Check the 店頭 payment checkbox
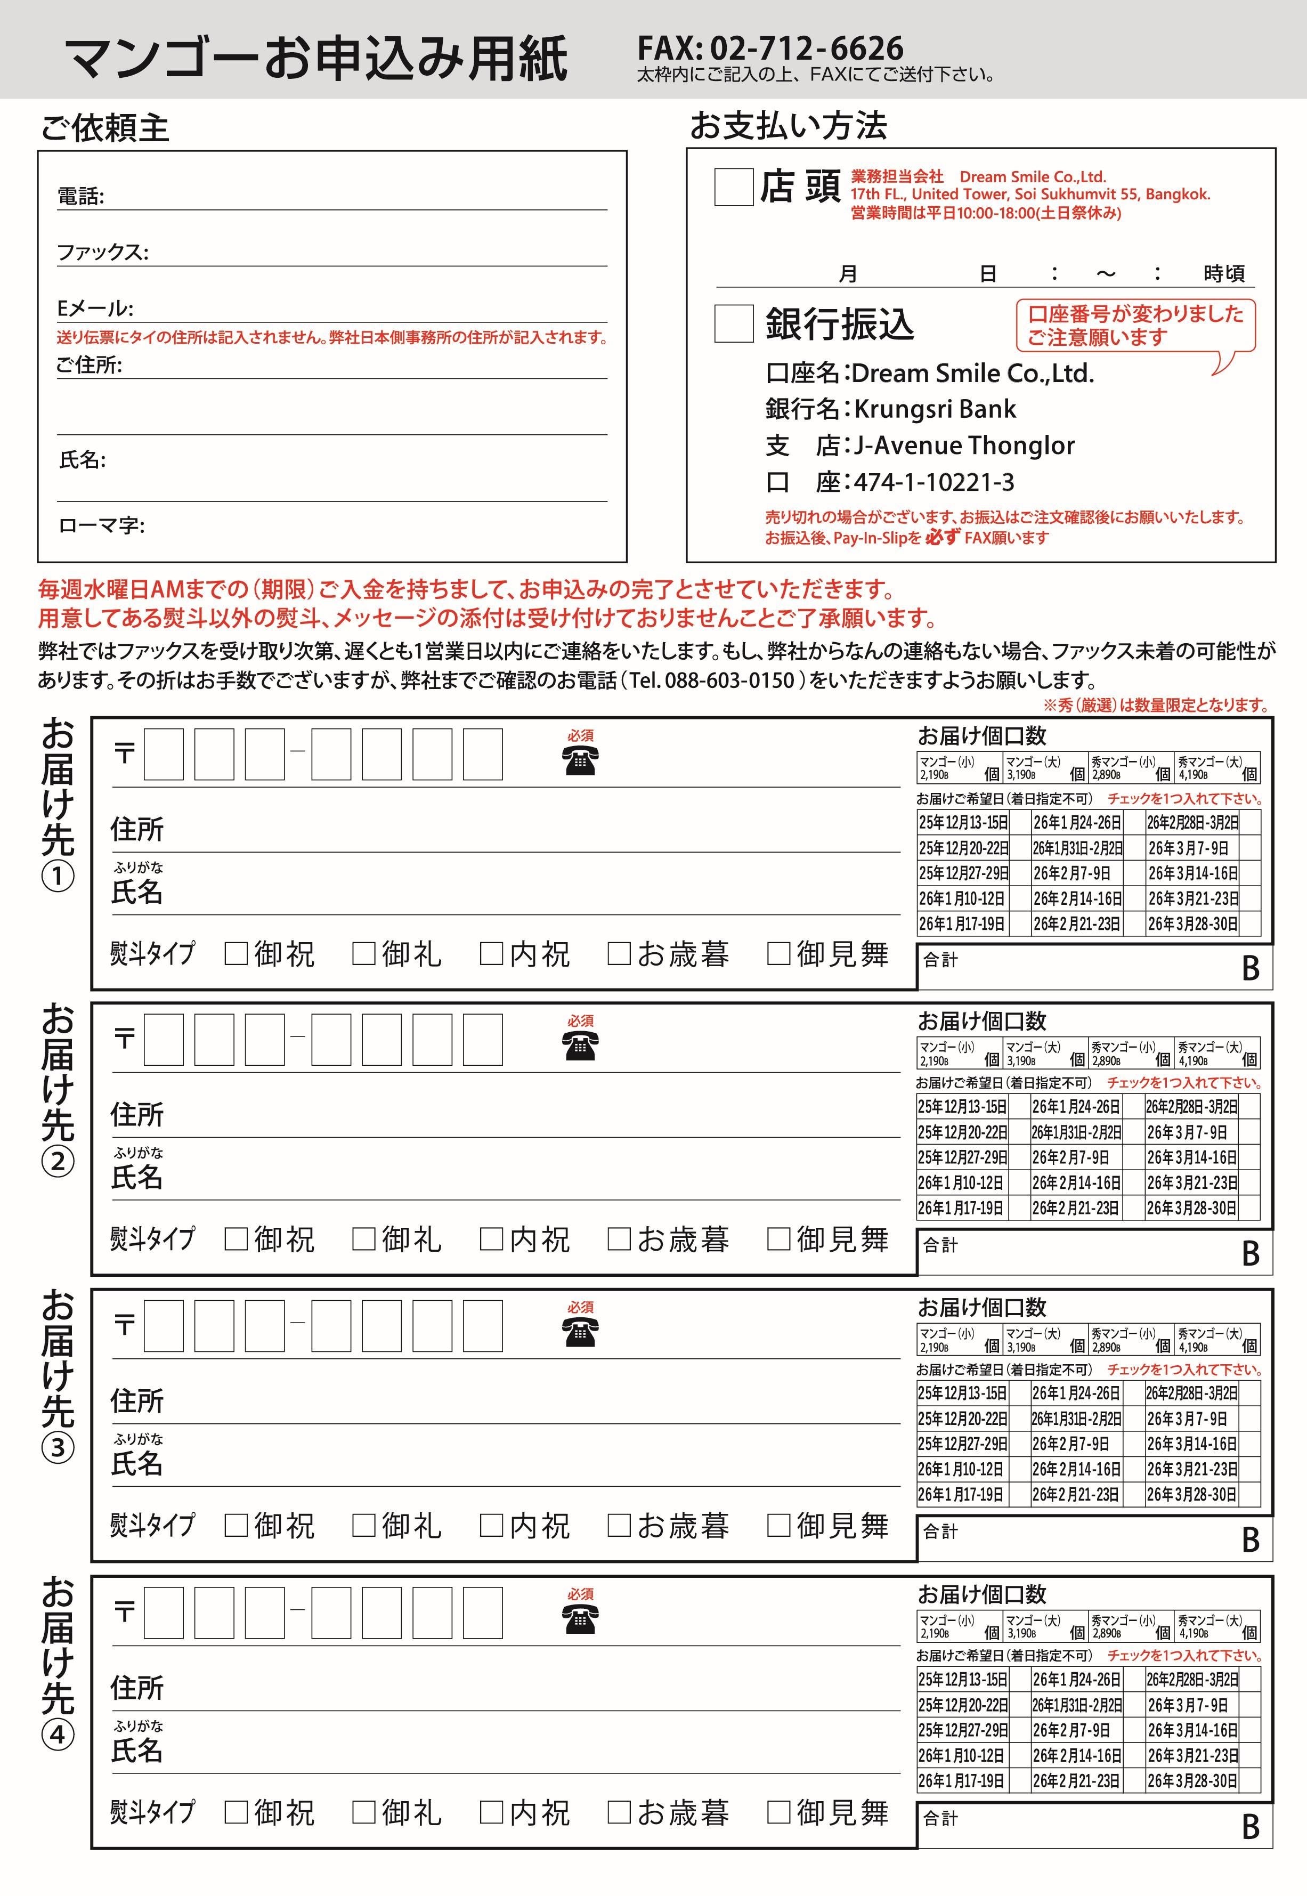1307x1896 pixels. [x=733, y=187]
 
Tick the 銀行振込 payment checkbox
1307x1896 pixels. [x=733, y=323]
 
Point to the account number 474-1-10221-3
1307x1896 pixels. [x=933, y=482]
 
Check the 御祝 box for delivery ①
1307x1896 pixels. [x=236, y=953]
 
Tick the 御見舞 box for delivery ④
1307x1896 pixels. [x=778, y=1812]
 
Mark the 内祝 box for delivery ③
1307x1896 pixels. [x=491, y=1525]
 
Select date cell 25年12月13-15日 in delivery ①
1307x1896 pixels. [x=963, y=822]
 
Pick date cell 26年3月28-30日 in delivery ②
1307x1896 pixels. [x=1191, y=1208]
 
